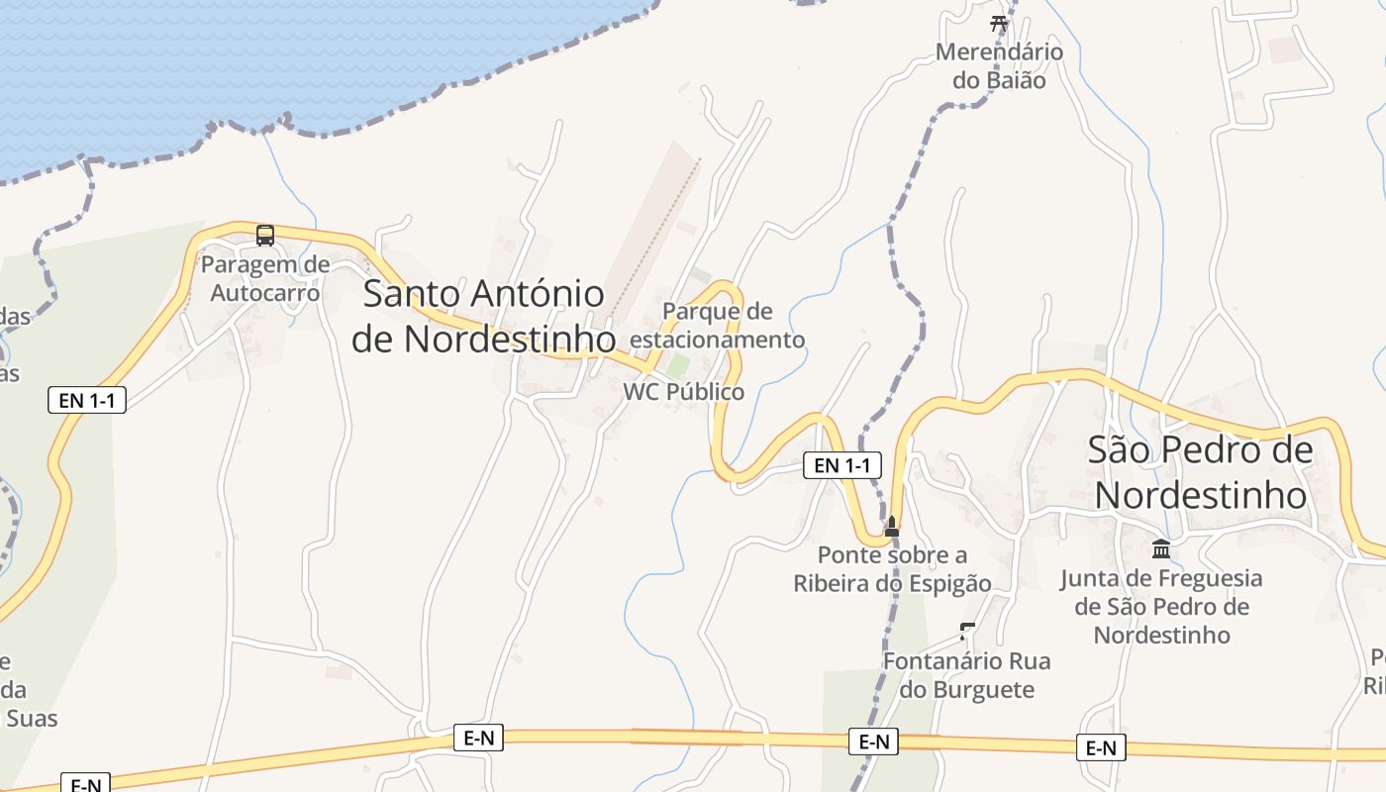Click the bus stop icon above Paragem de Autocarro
[x=265, y=235]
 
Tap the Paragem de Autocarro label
[x=265, y=279]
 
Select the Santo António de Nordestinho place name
[x=483, y=316]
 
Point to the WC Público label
[x=683, y=392]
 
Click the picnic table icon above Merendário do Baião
[x=998, y=24]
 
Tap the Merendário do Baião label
[x=999, y=66]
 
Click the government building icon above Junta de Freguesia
[x=1161, y=548]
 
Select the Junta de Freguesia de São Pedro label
[x=1161, y=606]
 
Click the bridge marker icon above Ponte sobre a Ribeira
[x=892, y=526]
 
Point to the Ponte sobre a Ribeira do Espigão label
[x=892, y=569]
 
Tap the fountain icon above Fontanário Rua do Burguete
[x=967, y=631]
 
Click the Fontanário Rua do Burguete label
[x=966, y=675]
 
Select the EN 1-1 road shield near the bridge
[x=841, y=465]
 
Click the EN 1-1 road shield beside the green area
[x=87, y=400]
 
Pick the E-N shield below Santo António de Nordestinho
[x=478, y=737]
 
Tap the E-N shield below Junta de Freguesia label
[x=1101, y=747]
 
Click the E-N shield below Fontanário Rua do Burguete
[x=873, y=742]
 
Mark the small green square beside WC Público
[x=677, y=364]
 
